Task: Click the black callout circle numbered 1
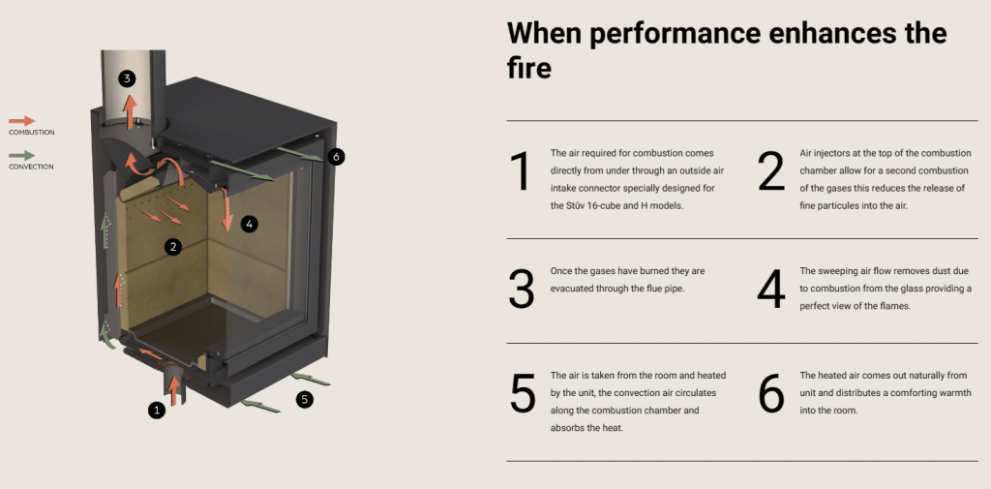[157, 411]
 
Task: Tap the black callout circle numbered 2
[173, 247]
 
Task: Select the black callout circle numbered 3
[128, 77]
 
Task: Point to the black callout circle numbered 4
[250, 225]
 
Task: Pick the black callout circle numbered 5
[305, 398]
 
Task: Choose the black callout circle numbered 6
[336, 157]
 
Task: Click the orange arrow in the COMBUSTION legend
[21, 121]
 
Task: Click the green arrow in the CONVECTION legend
[21, 155]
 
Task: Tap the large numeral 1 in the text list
[521, 171]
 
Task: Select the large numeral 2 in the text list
[770, 171]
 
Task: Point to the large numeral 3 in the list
[521, 288]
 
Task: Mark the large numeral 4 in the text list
[770, 288]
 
